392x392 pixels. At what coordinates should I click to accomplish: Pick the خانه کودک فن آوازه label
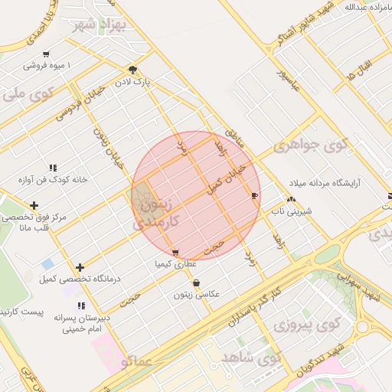coord(54,181)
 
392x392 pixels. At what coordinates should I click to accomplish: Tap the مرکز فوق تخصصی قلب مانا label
coord(35,222)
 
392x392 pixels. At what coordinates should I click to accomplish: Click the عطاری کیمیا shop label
coord(176,264)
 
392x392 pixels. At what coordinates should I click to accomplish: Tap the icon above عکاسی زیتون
coord(197,283)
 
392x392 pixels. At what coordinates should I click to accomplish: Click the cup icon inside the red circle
coord(254,196)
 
